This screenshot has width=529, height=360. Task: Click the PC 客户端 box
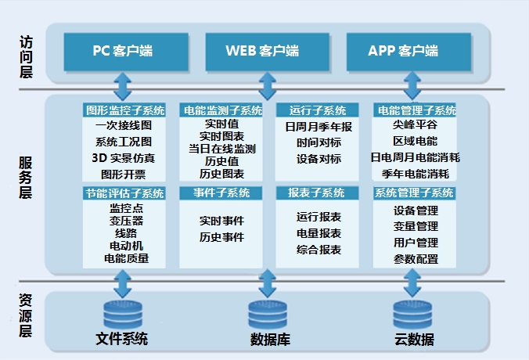123,52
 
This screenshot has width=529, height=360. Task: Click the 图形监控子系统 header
124,110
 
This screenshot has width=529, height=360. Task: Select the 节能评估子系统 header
124,193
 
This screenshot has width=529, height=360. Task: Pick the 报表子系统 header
316,193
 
